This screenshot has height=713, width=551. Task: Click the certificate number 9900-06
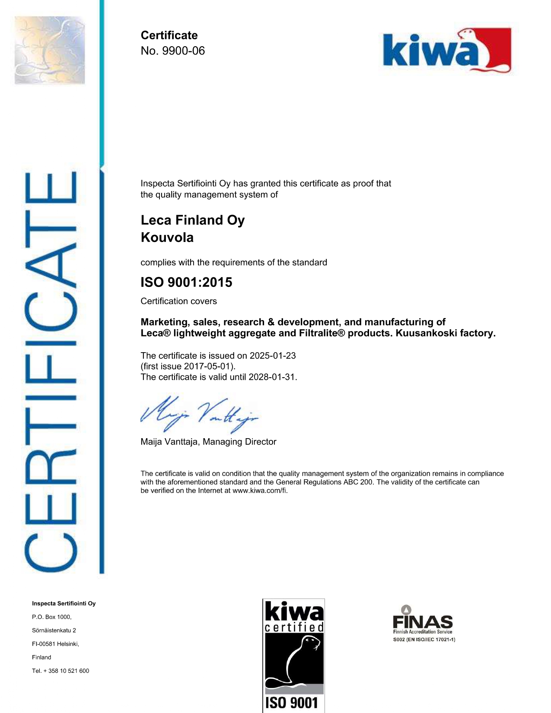click(183, 51)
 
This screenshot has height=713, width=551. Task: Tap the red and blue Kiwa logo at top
click(447, 51)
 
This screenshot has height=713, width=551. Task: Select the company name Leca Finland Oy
click(193, 220)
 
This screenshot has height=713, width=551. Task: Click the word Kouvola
click(167, 238)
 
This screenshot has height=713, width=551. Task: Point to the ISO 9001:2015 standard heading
click(186, 282)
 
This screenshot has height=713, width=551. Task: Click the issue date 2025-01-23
click(273, 356)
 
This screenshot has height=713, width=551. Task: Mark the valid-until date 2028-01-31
click(272, 377)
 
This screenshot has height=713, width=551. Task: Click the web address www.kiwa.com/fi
click(259, 490)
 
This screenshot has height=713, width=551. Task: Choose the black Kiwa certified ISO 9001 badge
click(294, 655)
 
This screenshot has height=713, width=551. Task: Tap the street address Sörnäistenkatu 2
click(54, 630)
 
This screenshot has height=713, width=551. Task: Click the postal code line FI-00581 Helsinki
click(55, 644)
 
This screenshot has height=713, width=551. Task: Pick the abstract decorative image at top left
click(50, 50)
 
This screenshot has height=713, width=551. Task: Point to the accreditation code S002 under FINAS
click(398, 640)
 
